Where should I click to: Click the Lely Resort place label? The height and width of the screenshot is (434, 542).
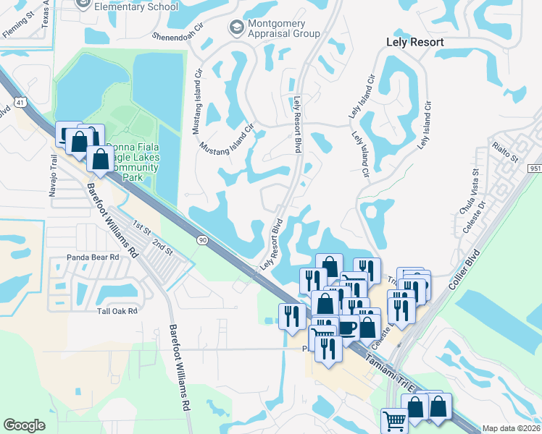tap(415, 42)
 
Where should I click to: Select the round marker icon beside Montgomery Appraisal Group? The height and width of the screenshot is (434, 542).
tap(235, 27)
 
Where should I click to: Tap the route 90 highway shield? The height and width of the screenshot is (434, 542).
tap(201, 239)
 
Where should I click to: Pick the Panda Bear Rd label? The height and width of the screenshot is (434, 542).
tap(77, 257)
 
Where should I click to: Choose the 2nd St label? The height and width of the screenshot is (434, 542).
tap(162, 246)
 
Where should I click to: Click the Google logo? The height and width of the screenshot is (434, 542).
tap(24, 425)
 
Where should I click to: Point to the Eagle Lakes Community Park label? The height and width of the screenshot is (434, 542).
tap(131, 165)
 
